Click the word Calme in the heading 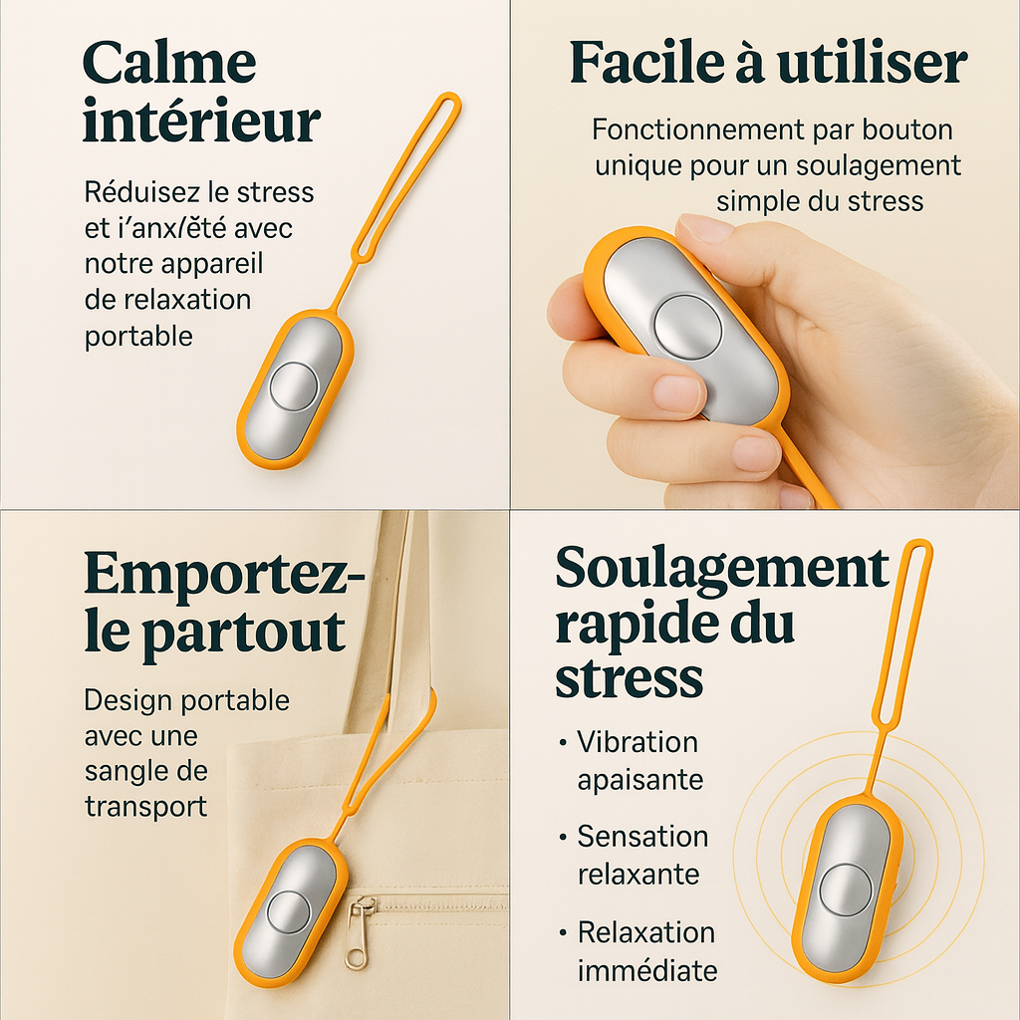click(x=169, y=64)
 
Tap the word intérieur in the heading click(x=201, y=124)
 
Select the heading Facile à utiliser click(x=768, y=64)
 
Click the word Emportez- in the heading click(x=225, y=573)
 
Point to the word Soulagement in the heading click(x=722, y=569)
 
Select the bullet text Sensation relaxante click(x=642, y=855)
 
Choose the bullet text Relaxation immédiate click(x=646, y=950)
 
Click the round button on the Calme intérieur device click(x=294, y=387)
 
